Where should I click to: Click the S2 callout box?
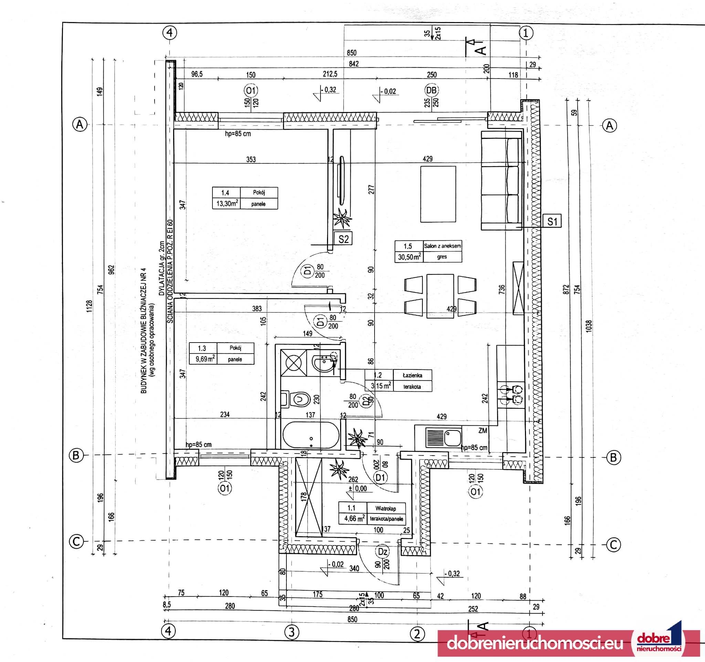pos(343,239)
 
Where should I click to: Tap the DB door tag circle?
pos(432,90)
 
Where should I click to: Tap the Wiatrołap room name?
pos(386,509)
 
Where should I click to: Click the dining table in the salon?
pos(440,295)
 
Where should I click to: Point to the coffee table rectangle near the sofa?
pos(438,194)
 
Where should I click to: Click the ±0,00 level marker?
pos(358,488)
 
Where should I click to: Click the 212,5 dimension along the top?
pos(330,74)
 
